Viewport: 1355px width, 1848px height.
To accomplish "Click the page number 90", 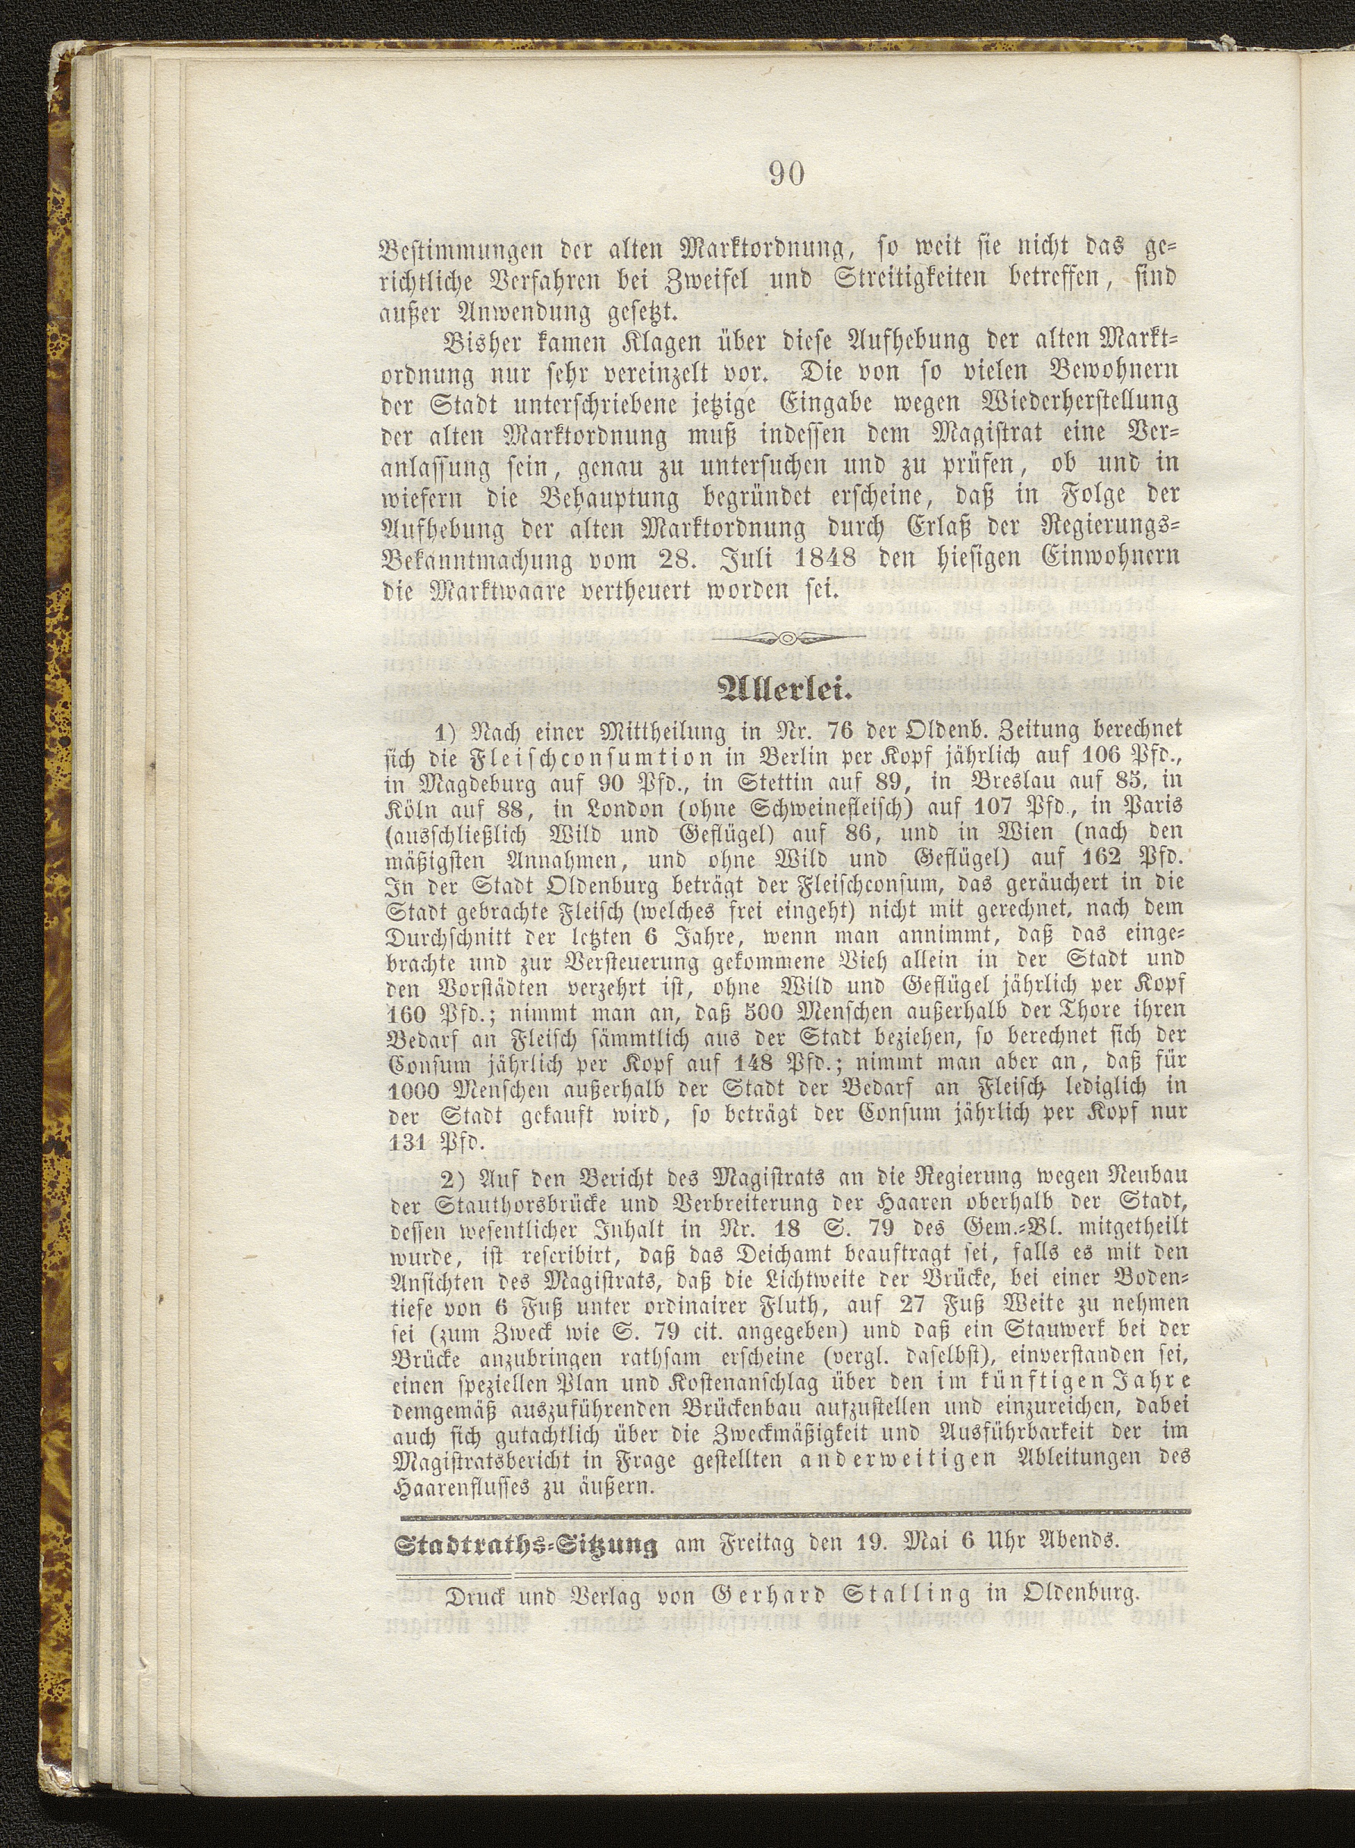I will [x=786, y=173].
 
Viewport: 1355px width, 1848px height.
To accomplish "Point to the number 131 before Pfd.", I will [x=407, y=1142].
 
